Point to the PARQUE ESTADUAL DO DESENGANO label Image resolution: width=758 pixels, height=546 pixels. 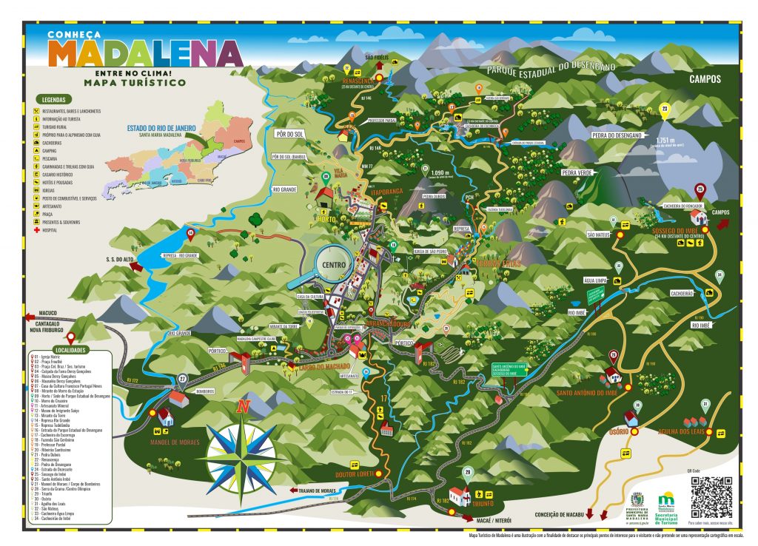pos(551,68)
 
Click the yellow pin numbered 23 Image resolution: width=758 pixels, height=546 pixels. pos(665,111)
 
